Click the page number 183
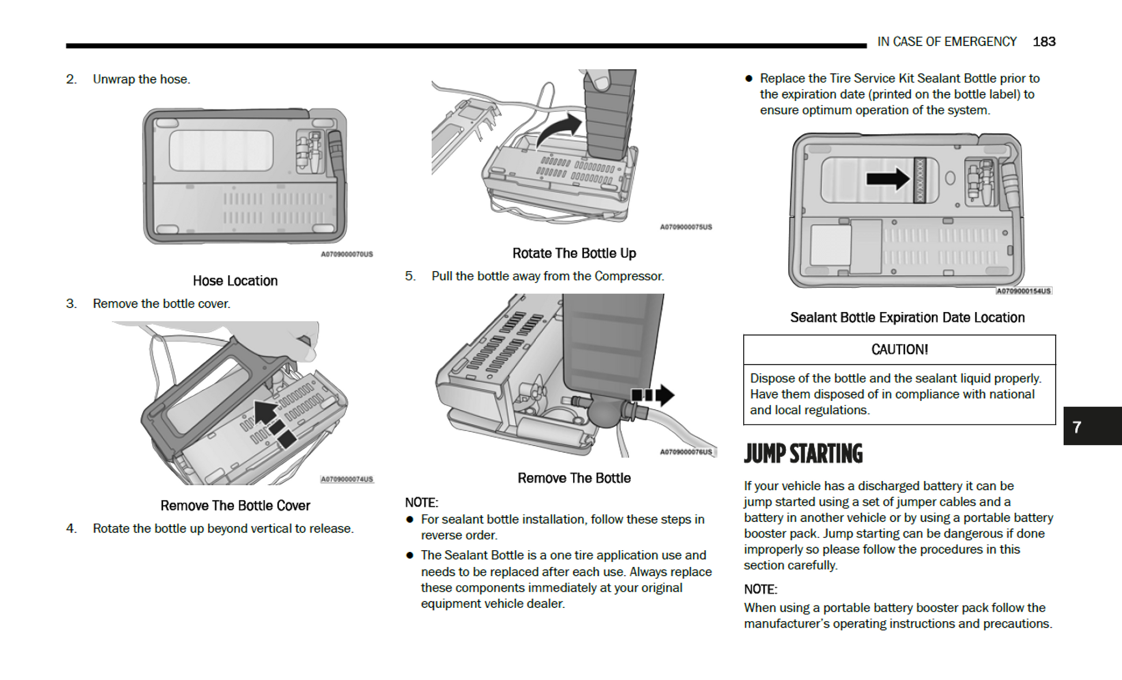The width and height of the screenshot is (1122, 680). point(1044,42)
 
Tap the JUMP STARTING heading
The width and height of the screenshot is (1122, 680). point(803,454)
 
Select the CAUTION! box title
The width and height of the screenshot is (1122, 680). point(899,350)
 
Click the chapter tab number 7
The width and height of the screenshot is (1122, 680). point(1076,427)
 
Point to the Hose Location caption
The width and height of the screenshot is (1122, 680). point(235,281)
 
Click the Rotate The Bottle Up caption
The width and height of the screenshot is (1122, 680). point(574,253)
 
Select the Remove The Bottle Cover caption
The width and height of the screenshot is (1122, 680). point(235,506)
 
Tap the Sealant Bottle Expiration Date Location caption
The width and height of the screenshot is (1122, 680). point(907,318)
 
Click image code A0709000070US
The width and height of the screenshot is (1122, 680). point(347,254)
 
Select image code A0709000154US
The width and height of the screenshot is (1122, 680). point(1023,291)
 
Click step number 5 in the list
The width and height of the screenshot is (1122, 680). point(409,276)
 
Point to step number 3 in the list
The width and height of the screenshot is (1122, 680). point(70,304)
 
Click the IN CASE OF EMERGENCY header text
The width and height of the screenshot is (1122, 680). point(946,42)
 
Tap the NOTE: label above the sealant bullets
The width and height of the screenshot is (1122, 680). point(421,502)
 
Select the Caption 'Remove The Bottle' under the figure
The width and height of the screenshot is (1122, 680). point(574,478)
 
